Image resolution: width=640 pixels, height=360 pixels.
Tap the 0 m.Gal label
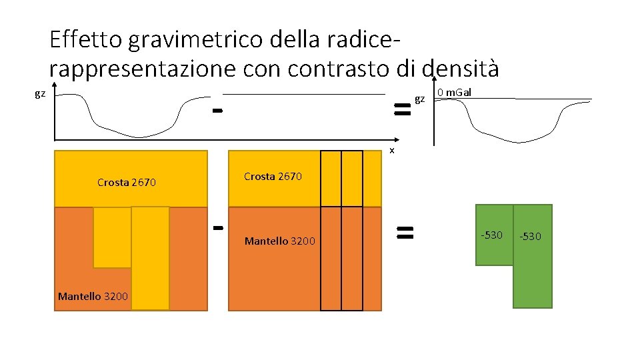click(x=454, y=92)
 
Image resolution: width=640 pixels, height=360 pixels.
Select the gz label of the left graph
click(x=40, y=94)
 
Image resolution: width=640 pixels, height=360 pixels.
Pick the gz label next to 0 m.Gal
click(x=419, y=99)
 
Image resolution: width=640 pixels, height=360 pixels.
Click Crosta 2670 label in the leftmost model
click(x=127, y=182)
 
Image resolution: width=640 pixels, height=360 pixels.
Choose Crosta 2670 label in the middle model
click(x=273, y=177)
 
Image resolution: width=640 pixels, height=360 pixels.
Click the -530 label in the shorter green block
click(x=492, y=235)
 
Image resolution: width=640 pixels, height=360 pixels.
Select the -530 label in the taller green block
click(x=531, y=237)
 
